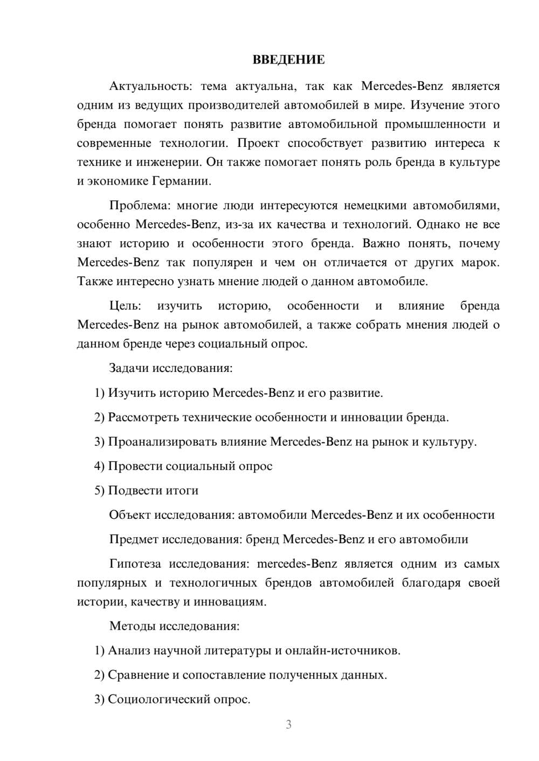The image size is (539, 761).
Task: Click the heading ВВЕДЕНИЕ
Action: [288, 60]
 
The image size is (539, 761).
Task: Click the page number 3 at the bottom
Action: [288, 724]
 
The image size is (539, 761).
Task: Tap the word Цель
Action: [125, 306]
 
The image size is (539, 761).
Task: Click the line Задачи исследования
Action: [171, 368]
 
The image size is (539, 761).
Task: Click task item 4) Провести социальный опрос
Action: [183, 466]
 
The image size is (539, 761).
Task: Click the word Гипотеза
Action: [135, 563]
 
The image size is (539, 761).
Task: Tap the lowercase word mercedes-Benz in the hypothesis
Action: [297, 563]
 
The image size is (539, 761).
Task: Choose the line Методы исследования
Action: [174, 626]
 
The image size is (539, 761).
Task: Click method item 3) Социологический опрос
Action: [172, 699]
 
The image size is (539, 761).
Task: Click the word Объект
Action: [130, 515]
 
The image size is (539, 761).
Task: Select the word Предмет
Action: [134, 539]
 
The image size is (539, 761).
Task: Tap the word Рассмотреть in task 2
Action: [143, 417]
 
